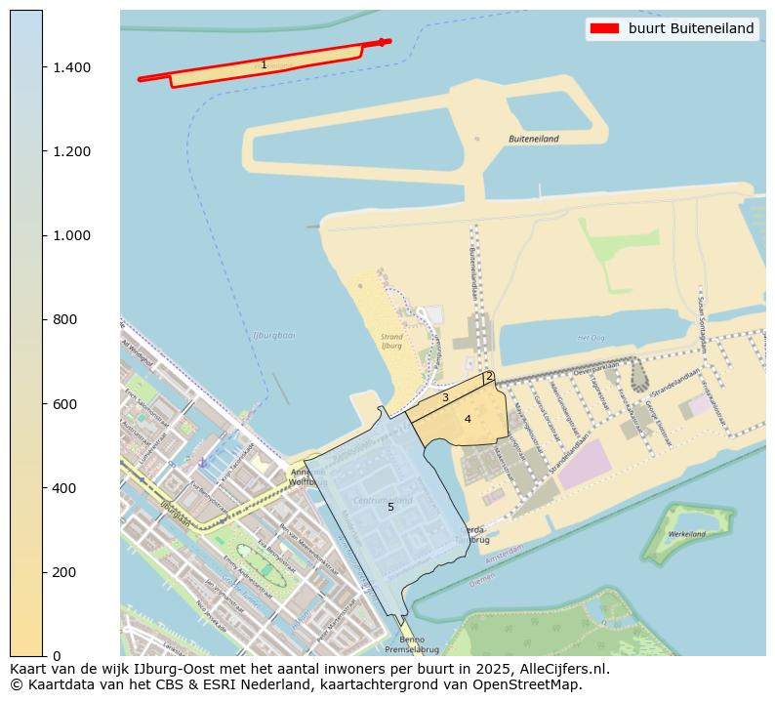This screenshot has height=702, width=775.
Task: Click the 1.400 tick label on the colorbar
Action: pyautogui.click(x=72, y=67)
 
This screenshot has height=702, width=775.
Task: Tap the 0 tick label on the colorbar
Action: pyautogui.click(x=57, y=655)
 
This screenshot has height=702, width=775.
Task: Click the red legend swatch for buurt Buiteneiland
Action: pyautogui.click(x=604, y=28)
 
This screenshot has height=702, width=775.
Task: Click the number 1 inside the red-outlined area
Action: pyautogui.click(x=264, y=65)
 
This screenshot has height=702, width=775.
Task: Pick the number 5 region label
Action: pyautogui.click(x=390, y=507)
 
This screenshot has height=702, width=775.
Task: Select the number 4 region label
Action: pyautogui.click(x=468, y=419)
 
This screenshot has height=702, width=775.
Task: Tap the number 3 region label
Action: pyautogui.click(x=445, y=397)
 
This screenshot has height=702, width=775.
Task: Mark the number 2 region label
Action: pyautogui.click(x=489, y=377)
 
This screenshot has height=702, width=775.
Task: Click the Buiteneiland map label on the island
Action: pyautogui.click(x=534, y=139)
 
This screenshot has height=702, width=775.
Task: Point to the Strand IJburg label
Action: pyautogui.click(x=391, y=342)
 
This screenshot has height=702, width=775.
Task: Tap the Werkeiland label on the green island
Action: pyautogui.click(x=687, y=534)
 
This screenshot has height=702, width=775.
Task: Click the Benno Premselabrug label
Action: pyautogui.click(x=412, y=643)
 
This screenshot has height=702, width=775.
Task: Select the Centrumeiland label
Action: pyautogui.click(x=383, y=500)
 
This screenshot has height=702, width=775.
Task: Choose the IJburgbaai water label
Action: pyautogui.click(x=273, y=335)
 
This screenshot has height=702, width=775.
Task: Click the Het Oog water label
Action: pyautogui.click(x=591, y=337)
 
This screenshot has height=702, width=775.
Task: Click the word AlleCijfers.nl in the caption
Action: pyautogui.click(x=561, y=669)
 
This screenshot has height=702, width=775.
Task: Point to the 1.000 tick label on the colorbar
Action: pyautogui.click(x=72, y=235)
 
